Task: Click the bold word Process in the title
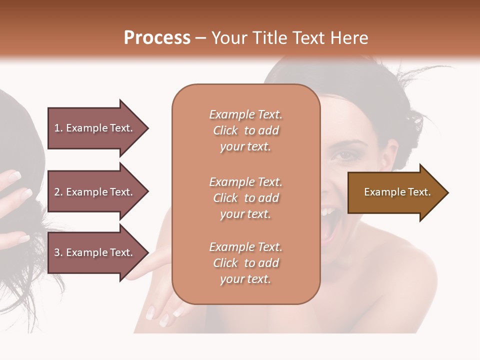157,38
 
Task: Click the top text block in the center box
245,130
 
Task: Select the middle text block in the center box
245,198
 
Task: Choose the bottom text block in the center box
245,263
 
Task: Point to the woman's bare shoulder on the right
410,280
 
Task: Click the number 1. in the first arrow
58,128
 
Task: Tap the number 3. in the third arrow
58,252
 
